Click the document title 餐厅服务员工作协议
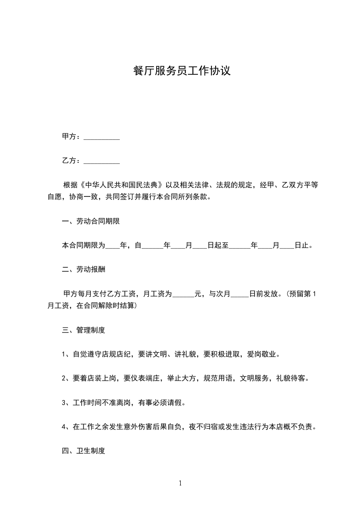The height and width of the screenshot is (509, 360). tap(182, 71)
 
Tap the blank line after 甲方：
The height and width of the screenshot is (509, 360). tap(102, 137)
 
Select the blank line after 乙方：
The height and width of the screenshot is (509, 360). tap(102, 161)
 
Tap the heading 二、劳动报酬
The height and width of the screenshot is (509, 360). tap(84, 269)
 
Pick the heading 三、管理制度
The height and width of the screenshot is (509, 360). tap(84, 330)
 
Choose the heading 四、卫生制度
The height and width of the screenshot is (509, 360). tap(84, 451)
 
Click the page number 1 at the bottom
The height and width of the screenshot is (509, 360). tap(180, 483)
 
